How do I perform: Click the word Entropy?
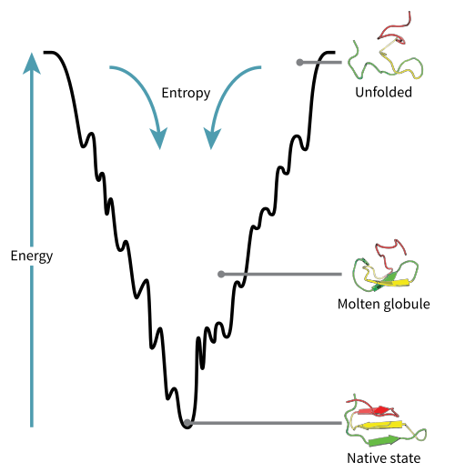pyautogui.click(x=186, y=93)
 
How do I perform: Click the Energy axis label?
pyautogui.click(x=32, y=256)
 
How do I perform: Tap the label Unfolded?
pyautogui.click(x=383, y=92)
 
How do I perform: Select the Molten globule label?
pyautogui.click(x=384, y=304)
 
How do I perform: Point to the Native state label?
pyautogui.click(x=384, y=458)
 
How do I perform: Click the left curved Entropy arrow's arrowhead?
pyautogui.click(x=159, y=139)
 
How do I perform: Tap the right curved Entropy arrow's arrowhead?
pyautogui.click(x=211, y=139)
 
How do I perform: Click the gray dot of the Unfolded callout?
pyautogui.click(x=299, y=63)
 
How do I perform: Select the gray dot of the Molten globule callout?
pyautogui.click(x=221, y=275)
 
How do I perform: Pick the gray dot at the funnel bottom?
pyautogui.click(x=187, y=423)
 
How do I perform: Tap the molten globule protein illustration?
pyautogui.click(x=385, y=266)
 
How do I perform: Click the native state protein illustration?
pyautogui.click(x=385, y=421)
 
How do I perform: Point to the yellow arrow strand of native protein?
pyautogui.click(x=380, y=425)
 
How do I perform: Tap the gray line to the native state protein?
pyautogui.click(x=265, y=423)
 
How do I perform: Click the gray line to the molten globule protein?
pyautogui.click(x=281, y=275)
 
